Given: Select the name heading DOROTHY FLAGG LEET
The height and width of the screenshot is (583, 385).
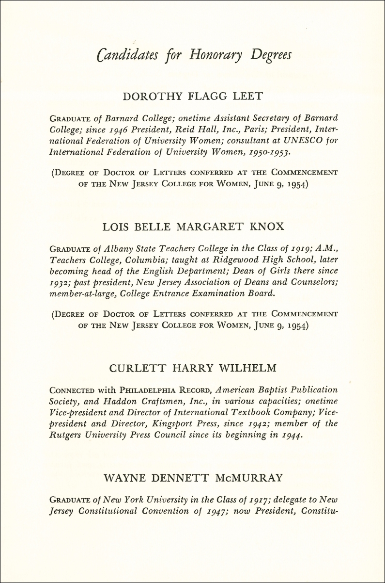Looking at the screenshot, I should [192, 96].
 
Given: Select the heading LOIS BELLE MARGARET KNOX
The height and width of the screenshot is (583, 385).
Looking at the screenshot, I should [192, 227].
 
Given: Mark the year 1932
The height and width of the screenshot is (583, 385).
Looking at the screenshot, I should [60, 282].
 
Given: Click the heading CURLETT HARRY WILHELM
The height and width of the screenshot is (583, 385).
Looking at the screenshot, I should [192, 368].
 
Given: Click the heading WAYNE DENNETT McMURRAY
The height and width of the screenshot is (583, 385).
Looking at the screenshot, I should [192, 478].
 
